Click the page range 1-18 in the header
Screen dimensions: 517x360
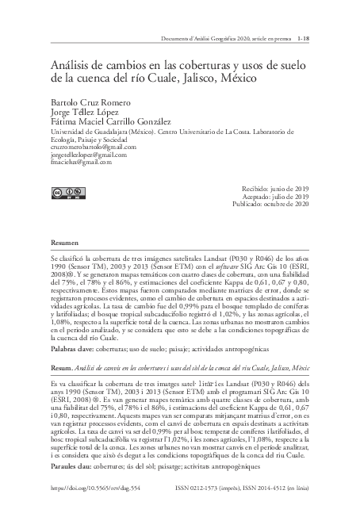coord(304,37)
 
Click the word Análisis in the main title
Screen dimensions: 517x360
coord(74,65)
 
